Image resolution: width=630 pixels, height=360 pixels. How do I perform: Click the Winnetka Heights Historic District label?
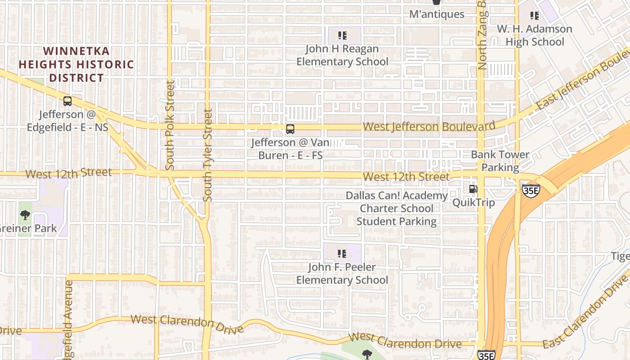[x=76, y=64]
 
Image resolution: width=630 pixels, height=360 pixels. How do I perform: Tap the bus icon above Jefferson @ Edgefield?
[x=67, y=101]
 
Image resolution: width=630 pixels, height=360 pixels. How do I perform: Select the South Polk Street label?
[x=170, y=125]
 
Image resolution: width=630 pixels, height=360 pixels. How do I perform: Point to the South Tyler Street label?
[x=207, y=155]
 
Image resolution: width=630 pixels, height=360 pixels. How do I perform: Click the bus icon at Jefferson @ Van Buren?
[x=290, y=129]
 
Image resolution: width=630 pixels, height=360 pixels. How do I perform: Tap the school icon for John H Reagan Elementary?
[x=342, y=35]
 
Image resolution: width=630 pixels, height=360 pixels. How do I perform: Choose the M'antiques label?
[x=436, y=14]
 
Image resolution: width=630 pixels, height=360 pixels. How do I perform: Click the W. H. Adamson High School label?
[x=535, y=35]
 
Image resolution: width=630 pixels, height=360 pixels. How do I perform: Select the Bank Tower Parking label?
[x=500, y=161]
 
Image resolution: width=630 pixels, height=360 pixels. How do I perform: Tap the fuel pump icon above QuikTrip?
[x=473, y=189]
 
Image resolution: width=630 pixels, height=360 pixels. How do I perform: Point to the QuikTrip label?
[x=473, y=202]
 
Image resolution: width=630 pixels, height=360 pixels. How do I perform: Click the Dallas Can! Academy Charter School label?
[x=396, y=208]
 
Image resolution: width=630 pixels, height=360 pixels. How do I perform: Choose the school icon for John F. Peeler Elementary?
[x=342, y=254]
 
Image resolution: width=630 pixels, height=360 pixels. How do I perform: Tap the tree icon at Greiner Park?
[x=25, y=215]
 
